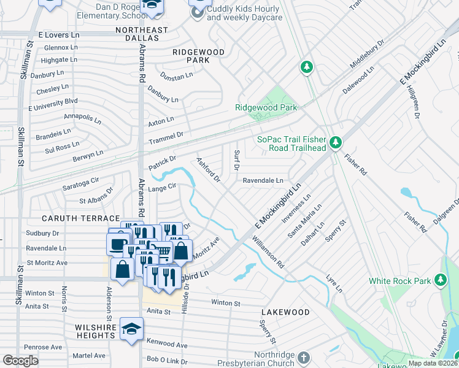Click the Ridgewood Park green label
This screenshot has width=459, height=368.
click(x=266, y=107)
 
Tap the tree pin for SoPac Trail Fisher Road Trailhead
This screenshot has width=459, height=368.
click(x=335, y=143)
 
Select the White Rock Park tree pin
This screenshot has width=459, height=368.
click(x=440, y=280)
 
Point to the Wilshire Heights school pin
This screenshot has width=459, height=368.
click(x=131, y=329)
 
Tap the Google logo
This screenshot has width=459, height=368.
click(x=20, y=361)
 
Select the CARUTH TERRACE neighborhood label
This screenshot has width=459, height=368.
click(x=80, y=218)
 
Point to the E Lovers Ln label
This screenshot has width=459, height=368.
click(x=59, y=36)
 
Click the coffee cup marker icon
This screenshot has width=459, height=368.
click(x=117, y=243)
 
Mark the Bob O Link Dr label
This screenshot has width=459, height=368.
click(x=166, y=358)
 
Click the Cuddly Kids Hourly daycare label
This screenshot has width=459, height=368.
click(x=244, y=13)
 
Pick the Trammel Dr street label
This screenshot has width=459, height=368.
click(x=166, y=138)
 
